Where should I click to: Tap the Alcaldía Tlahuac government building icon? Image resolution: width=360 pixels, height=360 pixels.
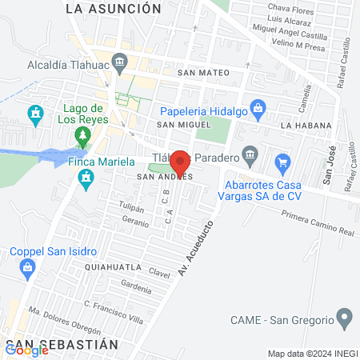[120, 61]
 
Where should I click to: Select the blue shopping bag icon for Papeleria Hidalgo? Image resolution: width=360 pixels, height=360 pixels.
[258, 106]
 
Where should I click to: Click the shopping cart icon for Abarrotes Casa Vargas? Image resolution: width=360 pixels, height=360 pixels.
[282, 163]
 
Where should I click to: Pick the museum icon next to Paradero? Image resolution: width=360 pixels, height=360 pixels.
[250, 153]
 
